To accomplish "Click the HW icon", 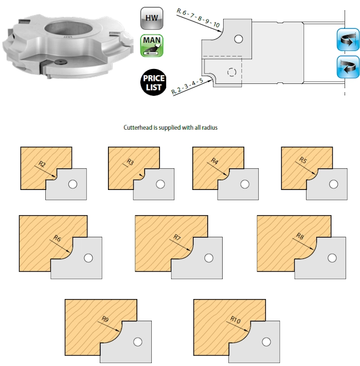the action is [152, 18].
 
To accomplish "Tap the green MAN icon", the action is [152, 46].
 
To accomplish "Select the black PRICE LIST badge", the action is [153, 82].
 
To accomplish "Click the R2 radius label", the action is [42, 164].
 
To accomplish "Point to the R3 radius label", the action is [130, 162].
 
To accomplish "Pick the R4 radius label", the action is [214, 161].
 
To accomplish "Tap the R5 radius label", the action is [303, 160].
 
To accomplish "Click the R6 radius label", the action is [57, 238].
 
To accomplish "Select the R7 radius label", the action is [177, 237].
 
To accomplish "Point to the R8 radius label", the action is [300, 236].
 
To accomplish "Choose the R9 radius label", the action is [105, 319].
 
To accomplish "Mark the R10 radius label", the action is [235, 320].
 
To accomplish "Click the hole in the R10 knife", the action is [266, 342].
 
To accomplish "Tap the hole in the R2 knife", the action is [73, 184].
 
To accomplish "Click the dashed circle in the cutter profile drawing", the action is [231, 72].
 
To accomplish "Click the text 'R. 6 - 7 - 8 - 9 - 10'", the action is [198, 18].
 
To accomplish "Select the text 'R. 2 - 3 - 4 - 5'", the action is [187, 86].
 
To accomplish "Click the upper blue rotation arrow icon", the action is [348, 40].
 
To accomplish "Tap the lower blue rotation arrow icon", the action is [348, 67].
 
